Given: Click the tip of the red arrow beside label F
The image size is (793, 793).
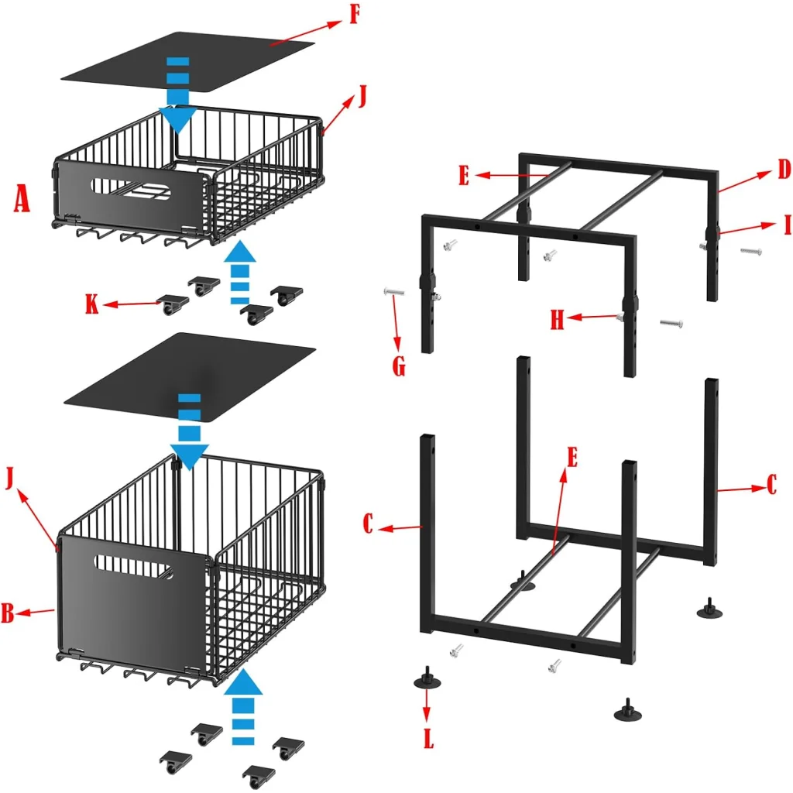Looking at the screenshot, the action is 342,21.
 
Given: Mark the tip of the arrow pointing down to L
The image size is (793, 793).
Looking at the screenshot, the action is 427,723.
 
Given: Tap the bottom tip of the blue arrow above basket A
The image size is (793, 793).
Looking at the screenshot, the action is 177,135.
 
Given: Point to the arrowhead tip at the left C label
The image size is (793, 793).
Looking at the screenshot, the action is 378,529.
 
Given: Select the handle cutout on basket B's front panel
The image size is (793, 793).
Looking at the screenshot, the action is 133,566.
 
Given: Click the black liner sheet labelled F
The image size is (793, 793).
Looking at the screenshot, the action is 188,63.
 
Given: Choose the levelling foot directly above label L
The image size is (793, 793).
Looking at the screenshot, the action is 427,678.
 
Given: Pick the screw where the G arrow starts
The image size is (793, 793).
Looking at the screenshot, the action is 393,291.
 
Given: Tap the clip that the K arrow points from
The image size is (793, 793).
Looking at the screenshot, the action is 173,304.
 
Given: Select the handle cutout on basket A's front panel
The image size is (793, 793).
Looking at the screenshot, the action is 130,189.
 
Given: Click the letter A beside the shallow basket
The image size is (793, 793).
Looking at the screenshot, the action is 21,198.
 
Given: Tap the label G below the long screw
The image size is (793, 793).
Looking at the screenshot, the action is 399,366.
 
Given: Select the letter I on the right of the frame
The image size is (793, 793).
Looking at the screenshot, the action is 787,225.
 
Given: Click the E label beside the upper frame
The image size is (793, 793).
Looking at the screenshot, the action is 463,176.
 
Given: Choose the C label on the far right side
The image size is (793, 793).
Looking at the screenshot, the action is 772,485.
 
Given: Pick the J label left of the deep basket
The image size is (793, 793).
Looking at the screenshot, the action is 9,478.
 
